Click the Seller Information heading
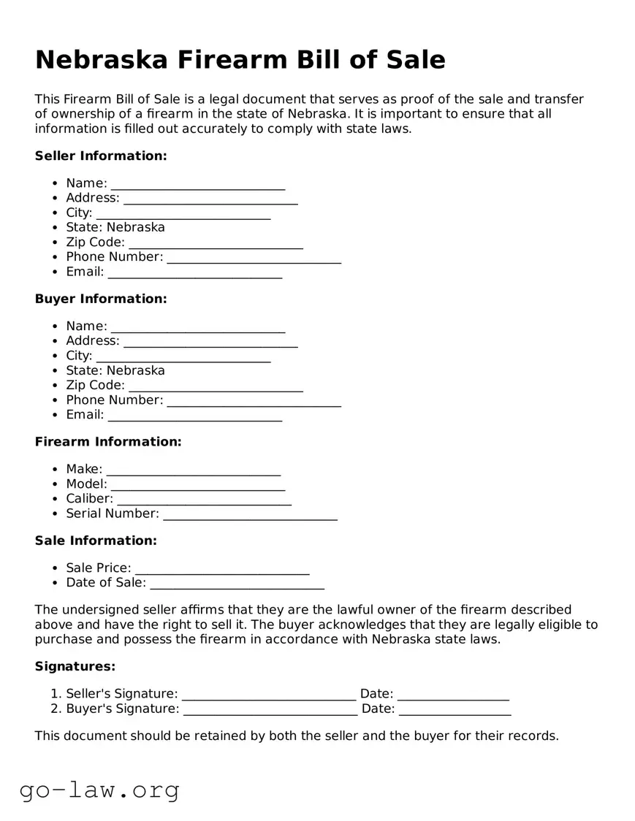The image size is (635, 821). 101,156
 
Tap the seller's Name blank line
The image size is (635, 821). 197,185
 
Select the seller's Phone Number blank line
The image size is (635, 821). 254,259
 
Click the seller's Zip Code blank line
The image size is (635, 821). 216,244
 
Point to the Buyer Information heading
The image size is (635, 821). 101,299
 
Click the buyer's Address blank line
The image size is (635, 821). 210,343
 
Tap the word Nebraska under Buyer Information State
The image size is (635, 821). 136,370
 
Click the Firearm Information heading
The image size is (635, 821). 108,442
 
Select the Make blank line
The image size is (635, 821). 193,471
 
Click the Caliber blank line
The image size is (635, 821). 204,500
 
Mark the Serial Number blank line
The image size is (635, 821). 250,516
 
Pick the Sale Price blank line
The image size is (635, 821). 222,570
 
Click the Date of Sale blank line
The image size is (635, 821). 237,584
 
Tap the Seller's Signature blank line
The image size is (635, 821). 268,695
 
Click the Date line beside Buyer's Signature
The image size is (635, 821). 455,710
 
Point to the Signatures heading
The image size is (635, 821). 75,667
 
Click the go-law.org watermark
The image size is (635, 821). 99,790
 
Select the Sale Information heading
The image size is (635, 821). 96,541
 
